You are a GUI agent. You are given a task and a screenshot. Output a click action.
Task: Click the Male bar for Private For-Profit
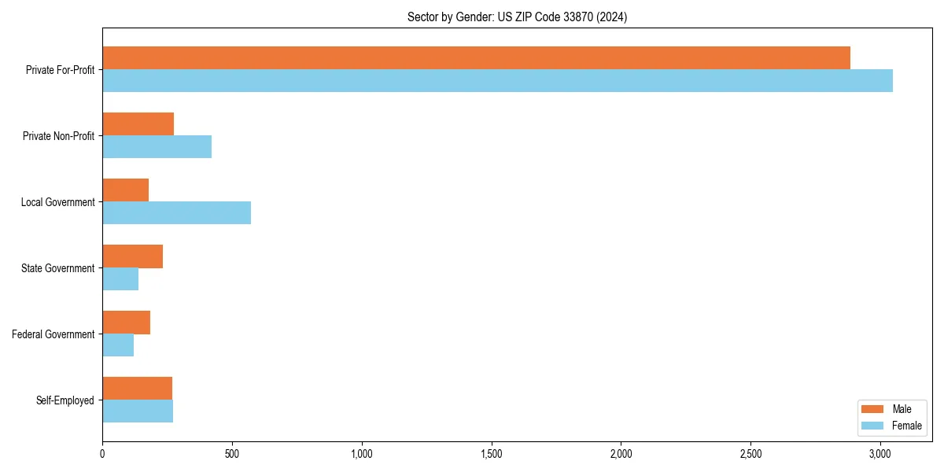pyautogui.click(x=476, y=58)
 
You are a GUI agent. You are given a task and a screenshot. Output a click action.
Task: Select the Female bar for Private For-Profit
pyautogui.click(x=497, y=81)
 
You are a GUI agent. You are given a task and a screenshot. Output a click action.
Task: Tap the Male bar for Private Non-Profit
pyautogui.click(x=138, y=124)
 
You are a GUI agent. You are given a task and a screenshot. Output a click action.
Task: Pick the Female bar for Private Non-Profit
pyautogui.click(x=157, y=147)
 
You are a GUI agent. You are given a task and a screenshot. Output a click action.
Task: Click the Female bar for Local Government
pyautogui.click(x=176, y=213)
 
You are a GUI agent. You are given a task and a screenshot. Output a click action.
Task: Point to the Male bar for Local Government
pyautogui.click(x=125, y=190)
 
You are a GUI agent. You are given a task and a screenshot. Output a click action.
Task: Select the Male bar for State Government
pyautogui.click(x=132, y=256)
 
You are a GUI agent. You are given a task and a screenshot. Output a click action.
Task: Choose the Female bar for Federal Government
pyautogui.click(x=118, y=345)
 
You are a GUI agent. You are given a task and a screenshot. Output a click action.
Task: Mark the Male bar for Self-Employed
pyautogui.click(x=137, y=389)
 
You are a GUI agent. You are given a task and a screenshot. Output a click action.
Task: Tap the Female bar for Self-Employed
pyautogui.click(x=138, y=411)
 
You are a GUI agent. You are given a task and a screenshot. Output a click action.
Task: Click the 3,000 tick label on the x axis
pyautogui.click(x=880, y=454)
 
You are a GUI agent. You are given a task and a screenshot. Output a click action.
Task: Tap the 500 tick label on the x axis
pyautogui.click(x=232, y=454)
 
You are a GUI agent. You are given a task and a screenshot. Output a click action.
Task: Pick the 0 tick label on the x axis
pyautogui.click(x=102, y=454)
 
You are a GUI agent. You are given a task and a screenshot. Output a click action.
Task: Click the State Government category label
pyautogui.click(x=57, y=268)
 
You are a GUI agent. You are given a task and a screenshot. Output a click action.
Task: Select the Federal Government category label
pyautogui.click(x=53, y=334)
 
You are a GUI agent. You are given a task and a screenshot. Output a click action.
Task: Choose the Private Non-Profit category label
pyautogui.click(x=58, y=136)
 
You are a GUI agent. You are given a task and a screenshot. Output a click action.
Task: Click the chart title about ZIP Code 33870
pyautogui.click(x=517, y=17)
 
